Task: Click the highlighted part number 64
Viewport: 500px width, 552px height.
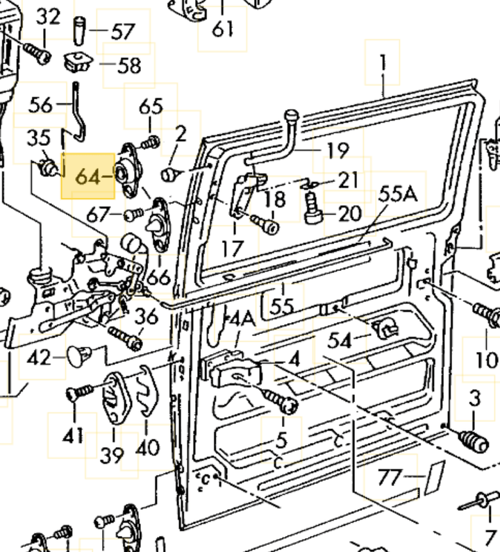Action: click(87, 176)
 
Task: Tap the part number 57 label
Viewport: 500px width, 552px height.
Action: click(122, 31)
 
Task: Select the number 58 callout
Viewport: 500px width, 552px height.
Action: click(128, 65)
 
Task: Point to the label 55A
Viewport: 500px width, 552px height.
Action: click(398, 194)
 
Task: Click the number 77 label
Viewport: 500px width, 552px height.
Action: click(390, 477)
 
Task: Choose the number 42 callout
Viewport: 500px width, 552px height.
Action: click(39, 358)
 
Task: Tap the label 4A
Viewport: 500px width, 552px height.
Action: click(242, 319)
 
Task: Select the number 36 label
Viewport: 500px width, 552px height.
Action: click(147, 317)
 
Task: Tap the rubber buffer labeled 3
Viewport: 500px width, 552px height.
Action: click(473, 440)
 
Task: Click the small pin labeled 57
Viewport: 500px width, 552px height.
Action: click(80, 31)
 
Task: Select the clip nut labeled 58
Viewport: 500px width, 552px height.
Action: click(78, 64)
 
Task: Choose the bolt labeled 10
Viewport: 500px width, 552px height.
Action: click(485, 312)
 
